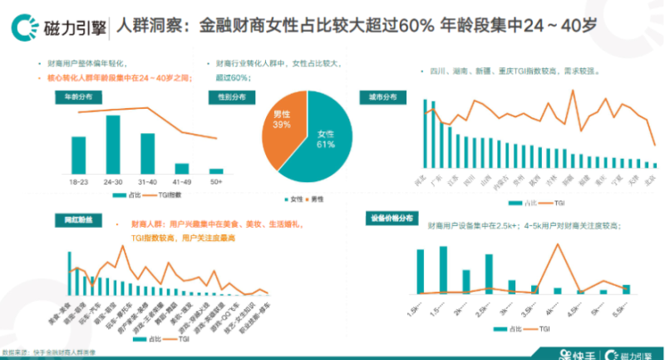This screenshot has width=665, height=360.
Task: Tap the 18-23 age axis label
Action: click(78, 180)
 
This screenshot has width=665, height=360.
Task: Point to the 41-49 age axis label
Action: click(181, 180)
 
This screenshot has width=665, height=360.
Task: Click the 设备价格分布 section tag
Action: click(391, 219)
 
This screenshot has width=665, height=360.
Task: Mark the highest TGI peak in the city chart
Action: click(574, 91)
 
